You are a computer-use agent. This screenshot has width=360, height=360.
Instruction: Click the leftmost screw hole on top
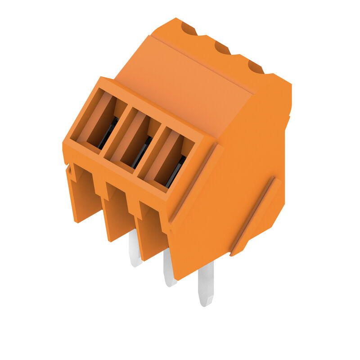point(189,29)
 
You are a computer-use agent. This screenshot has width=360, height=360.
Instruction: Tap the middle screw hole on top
point(222,47)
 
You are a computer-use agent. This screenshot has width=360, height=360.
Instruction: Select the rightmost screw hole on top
point(256,67)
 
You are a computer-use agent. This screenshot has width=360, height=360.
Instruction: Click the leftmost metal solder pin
point(135,250)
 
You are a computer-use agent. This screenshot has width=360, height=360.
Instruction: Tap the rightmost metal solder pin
point(206,284)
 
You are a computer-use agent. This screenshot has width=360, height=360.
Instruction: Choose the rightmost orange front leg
point(152,234)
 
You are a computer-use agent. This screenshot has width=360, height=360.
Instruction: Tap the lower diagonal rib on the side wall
point(254,216)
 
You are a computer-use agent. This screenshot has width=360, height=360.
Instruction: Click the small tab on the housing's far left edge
point(68,170)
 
